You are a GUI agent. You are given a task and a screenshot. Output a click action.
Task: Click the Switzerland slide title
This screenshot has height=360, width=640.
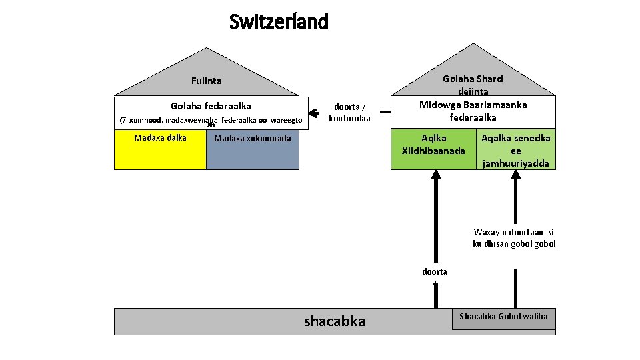click(x=279, y=22)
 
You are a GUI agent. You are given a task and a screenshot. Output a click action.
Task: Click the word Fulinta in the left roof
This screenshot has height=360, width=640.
click(x=206, y=81)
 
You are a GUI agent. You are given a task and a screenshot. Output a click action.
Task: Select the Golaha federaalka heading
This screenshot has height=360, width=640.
click(x=211, y=105)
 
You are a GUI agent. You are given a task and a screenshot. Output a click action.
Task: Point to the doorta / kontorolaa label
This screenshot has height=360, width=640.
click(x=349, y=112)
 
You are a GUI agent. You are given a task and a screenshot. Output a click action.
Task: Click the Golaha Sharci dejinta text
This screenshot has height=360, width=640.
click(x=473, y=85)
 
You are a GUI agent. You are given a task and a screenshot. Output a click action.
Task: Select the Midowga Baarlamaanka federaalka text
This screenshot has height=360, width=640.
click(x=473, y=111)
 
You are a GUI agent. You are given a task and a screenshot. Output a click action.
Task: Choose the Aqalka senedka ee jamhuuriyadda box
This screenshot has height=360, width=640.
click(x=515, y=150)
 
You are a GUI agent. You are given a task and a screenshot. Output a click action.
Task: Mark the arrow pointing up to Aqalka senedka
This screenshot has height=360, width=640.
click(x=515, y=213)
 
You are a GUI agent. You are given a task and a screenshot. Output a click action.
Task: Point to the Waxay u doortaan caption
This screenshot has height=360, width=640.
click(x=514, y=238)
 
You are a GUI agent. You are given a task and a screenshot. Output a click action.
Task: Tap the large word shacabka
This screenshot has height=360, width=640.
click(x=335, y=321)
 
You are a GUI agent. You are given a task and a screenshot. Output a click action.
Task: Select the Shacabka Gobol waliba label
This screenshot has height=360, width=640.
click(x=503, y=316)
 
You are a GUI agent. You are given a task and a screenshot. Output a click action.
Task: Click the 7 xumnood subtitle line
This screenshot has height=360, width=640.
click(x=211, y=120)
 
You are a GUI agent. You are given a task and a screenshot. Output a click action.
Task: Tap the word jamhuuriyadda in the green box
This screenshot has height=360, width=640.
click(x=515, y=163)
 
